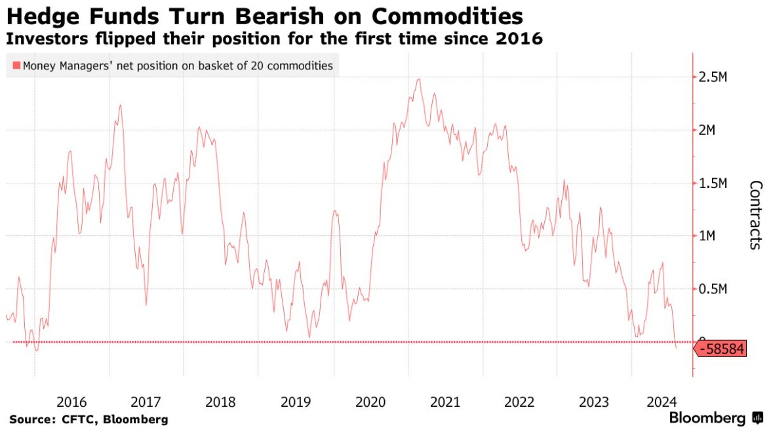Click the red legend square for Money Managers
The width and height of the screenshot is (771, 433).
(x=16, y=66)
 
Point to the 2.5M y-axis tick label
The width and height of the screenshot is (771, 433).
(x=713, y=77)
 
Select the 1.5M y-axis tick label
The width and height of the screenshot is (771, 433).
(x=713, y=183)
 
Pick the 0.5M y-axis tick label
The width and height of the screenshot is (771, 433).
(x=713, y=289)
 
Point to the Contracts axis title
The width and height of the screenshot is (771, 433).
(x=755, y=214)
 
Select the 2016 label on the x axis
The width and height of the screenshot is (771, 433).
(x=72, y=401)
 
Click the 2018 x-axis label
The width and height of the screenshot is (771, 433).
(x=221, y=401)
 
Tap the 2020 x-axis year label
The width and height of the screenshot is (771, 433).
(x=370, y=401)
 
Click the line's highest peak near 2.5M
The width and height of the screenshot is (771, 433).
(x=418, y=79)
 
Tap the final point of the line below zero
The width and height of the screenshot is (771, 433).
(x=676, y=348)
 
